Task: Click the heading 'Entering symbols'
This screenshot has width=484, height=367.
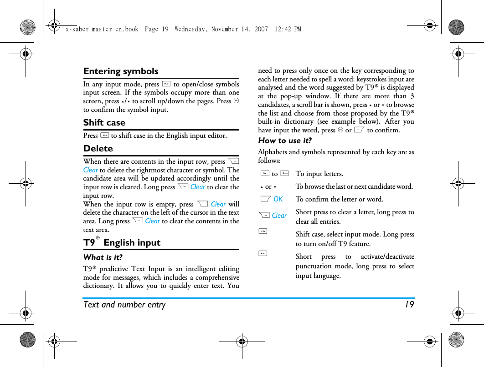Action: coord(121,71)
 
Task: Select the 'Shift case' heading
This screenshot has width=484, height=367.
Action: coord(104,123)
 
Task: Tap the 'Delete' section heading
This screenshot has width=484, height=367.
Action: coord(98,149)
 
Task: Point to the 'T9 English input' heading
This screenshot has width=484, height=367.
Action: coord(122,243)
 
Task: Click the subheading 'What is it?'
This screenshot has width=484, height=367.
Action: coord(103,257)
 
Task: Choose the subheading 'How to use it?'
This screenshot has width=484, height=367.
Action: coord(285,141)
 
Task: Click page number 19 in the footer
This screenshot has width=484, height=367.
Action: coord(409,305)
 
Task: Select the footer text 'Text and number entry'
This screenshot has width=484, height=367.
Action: coord(124,305)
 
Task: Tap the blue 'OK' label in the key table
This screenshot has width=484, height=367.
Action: coord(278,199)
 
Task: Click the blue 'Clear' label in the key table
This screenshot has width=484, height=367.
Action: coord(279,216)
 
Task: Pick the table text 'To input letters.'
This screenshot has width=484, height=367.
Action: coord(319,174)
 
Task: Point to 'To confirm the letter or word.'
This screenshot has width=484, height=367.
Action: coord(340,199)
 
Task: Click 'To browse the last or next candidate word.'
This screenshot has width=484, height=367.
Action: coord(354,186)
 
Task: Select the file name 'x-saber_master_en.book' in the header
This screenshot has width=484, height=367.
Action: coord(102,29)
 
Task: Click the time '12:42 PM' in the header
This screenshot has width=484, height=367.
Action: coord(288,29)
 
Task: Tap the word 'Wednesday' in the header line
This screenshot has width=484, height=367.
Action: coord(190,29)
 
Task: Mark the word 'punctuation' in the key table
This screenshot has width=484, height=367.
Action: coord(314,266)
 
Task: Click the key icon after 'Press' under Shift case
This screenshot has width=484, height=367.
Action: coord(104,136)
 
